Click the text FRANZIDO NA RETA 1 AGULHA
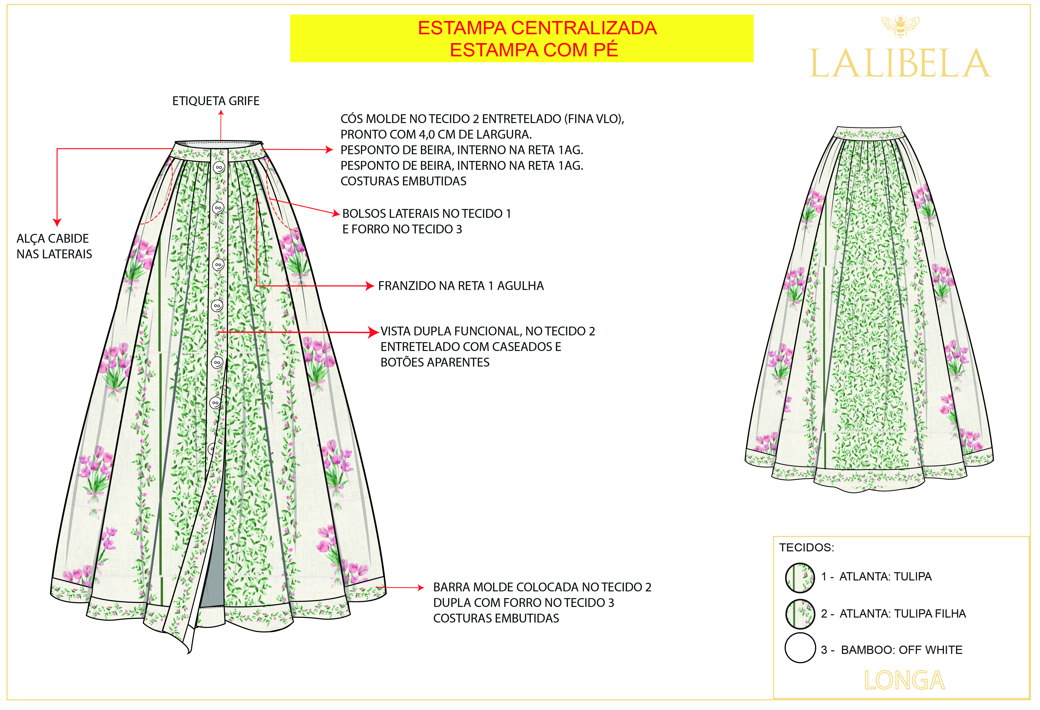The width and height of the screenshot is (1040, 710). coord(461,286)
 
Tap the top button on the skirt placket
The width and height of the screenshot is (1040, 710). coord(218,168)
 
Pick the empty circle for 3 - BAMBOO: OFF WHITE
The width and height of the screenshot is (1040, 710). coord(800,648)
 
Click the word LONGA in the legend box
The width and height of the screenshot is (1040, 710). coord(904,681)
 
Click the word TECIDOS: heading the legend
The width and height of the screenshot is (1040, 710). coord(806,547)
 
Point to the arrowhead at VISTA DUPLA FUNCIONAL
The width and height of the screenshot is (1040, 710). coord(374,332)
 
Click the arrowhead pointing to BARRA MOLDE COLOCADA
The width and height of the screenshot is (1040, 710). coord(420,587)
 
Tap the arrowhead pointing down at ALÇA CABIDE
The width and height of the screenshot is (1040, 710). coord(57,222)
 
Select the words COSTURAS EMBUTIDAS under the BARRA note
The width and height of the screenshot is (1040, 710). coord(496,618)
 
